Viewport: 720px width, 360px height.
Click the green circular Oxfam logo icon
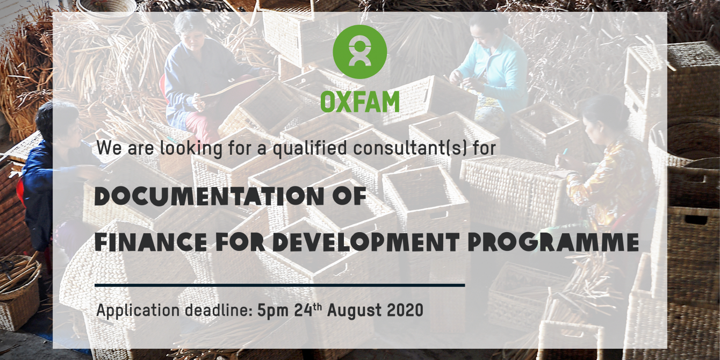359,52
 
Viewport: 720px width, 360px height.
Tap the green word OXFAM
359,102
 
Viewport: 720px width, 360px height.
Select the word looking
191,148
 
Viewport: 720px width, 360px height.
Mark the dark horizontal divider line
279,285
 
